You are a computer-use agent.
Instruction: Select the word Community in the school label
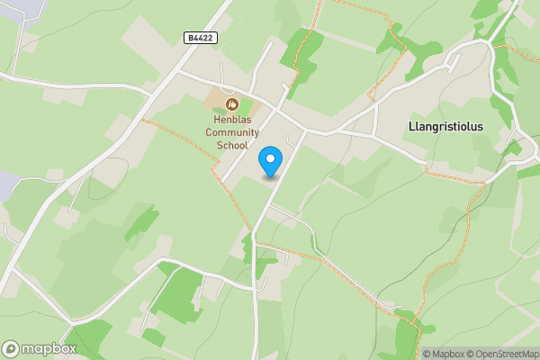point(231,133)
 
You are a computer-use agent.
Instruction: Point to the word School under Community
point(231,146)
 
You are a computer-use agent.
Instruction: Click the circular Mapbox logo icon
point(12,348)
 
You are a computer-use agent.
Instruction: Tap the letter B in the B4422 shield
point(191,37)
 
